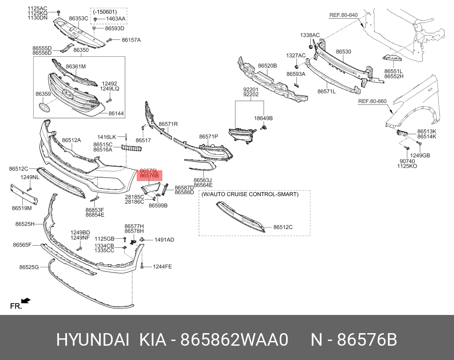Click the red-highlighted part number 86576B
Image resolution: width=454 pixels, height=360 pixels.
(x=149, y=175)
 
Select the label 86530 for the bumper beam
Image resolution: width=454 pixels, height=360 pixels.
(x=343, y=52)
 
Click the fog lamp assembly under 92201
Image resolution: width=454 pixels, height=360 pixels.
(x=242, y=135)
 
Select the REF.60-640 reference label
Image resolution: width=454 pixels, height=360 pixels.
(x=343, y=15)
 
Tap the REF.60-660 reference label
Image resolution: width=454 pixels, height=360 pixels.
(x=372, y=101)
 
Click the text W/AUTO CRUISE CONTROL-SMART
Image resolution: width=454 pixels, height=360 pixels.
(x=250, y=194)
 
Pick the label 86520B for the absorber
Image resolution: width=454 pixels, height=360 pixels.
(x=267, y=66)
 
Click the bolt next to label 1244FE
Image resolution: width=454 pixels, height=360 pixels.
(x=142, y=266)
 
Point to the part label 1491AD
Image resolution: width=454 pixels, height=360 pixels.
(x=164, y=240)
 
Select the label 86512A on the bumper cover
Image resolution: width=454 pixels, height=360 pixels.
(x=71, y=140)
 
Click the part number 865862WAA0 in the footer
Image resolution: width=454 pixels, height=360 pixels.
(x=234, y=340)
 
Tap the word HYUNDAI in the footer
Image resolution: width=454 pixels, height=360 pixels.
(x=93, y=340)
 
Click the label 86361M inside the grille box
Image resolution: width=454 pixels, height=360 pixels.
(x=76, y=67)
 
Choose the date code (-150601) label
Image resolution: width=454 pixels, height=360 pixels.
(x=105, y=12)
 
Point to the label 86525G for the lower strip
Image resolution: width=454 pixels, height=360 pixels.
(x=29, y=267)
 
